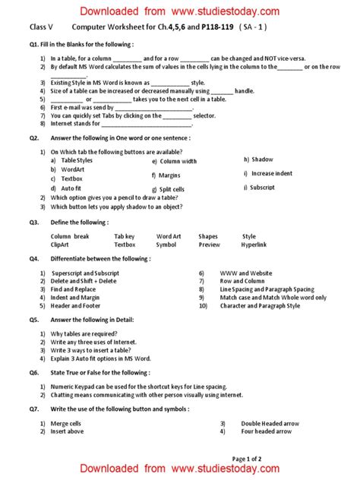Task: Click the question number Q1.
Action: point(33,45)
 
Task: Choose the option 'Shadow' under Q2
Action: point(262,159)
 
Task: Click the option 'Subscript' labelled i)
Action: point(262,187)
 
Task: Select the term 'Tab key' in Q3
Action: point(125,236)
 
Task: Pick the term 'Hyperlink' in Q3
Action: point(254,245)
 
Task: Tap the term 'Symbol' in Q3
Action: point(166,245)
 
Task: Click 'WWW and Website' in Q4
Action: point(245,272)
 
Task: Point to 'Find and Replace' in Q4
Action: point(73,289)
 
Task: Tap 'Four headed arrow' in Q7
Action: point(267,431)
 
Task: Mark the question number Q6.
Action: point(33,373)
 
